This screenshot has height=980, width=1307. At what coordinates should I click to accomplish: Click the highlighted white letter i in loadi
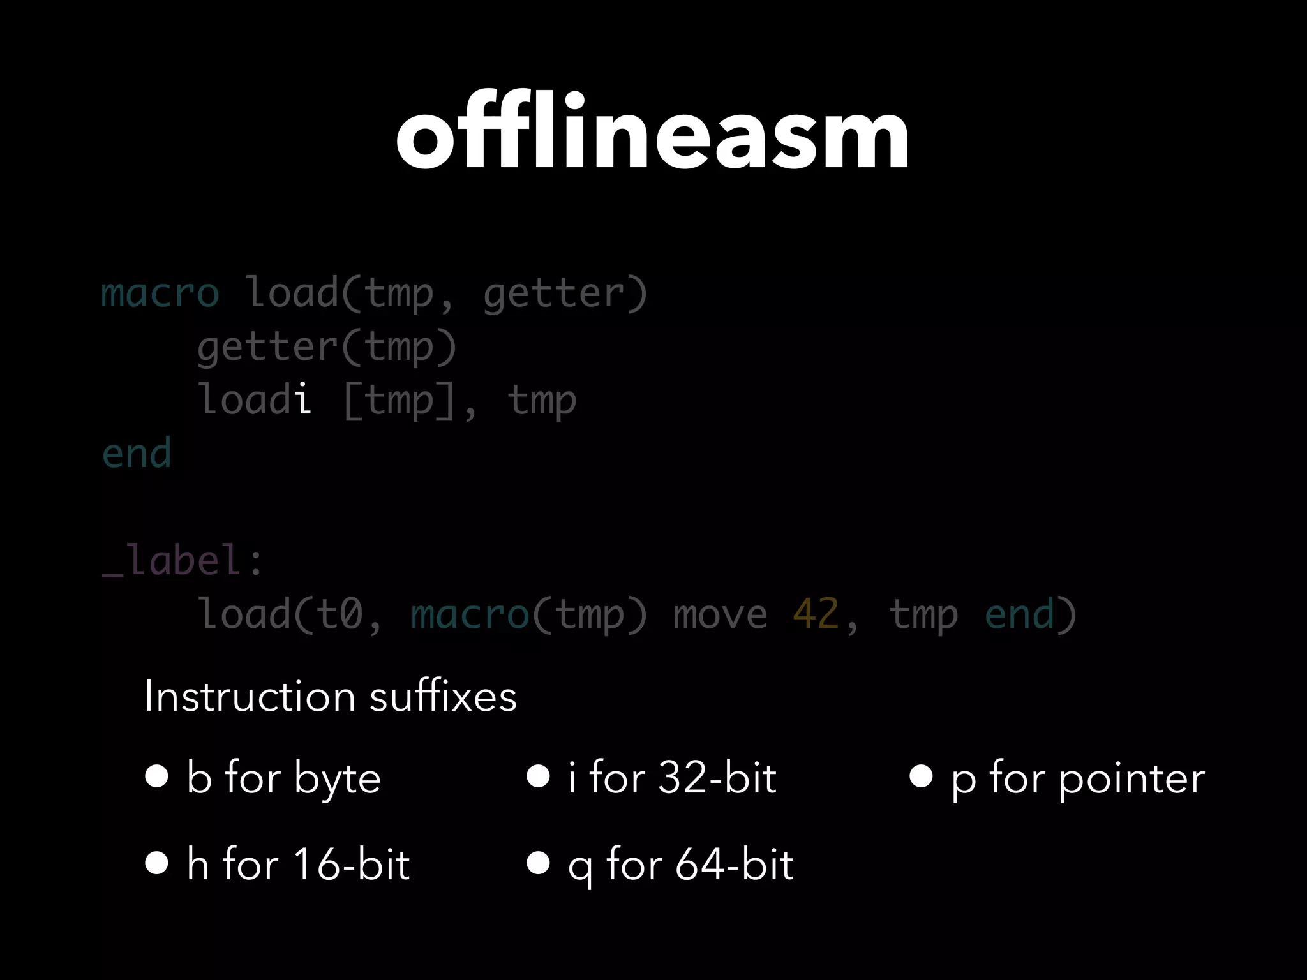[x=304, y=399]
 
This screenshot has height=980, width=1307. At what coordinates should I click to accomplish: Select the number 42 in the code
[x=816, y=614]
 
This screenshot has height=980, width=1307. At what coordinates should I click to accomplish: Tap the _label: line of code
[x=183, y=560]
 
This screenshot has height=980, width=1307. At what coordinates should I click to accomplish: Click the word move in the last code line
[x=720, y=614]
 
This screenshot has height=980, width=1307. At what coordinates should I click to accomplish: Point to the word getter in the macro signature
[x=553, y=293]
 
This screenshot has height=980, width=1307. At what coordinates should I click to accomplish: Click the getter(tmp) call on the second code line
[x=327, y=348]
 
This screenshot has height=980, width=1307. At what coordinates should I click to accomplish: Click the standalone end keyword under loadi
[x=137, y=453]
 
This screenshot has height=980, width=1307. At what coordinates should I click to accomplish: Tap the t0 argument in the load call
[x=339, y=614]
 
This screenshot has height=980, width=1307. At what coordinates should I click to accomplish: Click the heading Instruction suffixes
[x=330, y=696]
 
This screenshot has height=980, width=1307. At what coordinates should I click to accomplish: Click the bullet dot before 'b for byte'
[x=156, y=776]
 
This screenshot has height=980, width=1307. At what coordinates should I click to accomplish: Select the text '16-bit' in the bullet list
[x=352, y=865]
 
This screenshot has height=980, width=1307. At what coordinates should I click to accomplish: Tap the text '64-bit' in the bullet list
[x=735, y=865]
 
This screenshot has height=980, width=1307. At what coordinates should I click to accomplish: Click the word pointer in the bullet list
[x=1131, y=779]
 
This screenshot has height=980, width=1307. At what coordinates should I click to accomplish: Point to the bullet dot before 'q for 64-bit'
[x=538, y=863]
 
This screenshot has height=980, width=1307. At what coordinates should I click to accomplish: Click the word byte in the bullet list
[x=338, y=779]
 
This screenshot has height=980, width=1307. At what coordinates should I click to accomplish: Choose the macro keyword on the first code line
[x=160, y=293]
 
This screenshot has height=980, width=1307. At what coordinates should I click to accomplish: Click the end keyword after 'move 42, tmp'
[x=1019, y=614]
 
